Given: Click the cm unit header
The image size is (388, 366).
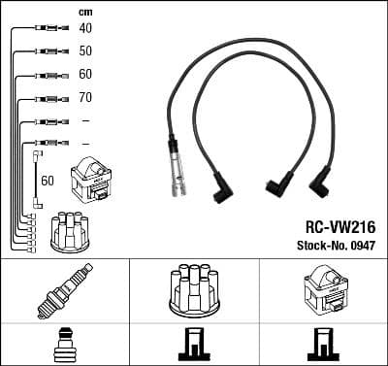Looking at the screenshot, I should pyautogui.click(x=85, y=11).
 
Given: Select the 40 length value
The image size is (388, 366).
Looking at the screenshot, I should pyautogui.click(x=86, y=28).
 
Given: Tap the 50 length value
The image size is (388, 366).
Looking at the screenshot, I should pyautogui.click(x=86, y=50).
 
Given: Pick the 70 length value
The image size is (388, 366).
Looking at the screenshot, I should pyautogui.click(x=86, y=98).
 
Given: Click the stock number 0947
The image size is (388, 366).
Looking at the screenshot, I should pyautogui.click(x=361, y=245).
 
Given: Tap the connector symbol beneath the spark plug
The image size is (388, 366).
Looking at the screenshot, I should pyautogui.click(x=63, y=345).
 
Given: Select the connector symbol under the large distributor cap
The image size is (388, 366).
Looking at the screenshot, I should pyautogui.click(x=194, y=345).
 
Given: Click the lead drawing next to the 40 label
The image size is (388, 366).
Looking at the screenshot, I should pyautogui.click(x=44, y=29).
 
